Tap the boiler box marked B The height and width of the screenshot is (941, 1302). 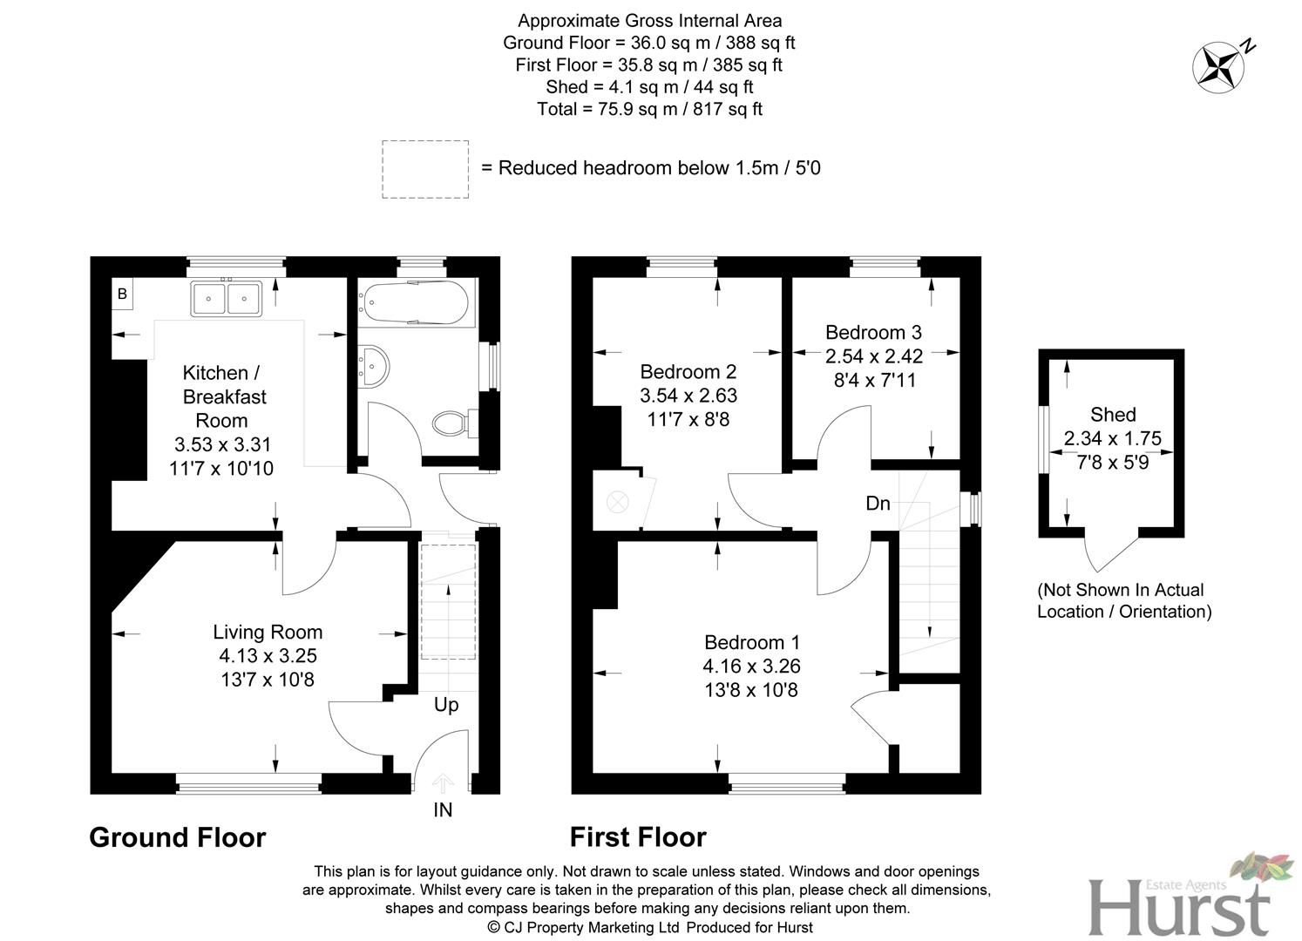(122, 294)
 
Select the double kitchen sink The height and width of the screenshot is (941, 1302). (227, 299)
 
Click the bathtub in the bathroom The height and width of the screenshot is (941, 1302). (412, 303)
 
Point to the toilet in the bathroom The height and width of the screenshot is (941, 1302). (451, 423)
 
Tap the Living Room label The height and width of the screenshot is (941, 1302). (268, 633)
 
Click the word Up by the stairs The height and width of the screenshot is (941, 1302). (446, 704)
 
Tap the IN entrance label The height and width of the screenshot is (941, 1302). (443, 810)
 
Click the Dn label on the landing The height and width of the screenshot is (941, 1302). (878, 504)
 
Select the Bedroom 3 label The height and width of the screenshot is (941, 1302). (873, 332)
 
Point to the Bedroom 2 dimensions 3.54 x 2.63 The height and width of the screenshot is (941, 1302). (688, 396)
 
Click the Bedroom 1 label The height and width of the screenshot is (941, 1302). (752, 642)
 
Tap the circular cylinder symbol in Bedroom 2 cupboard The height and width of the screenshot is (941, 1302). (617, 502)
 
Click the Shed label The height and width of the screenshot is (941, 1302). (1113, 415)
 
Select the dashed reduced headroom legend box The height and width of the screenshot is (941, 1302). (425, 169)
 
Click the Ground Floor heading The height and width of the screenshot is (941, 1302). (178, 837)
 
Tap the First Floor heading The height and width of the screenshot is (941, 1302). (638, 837)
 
